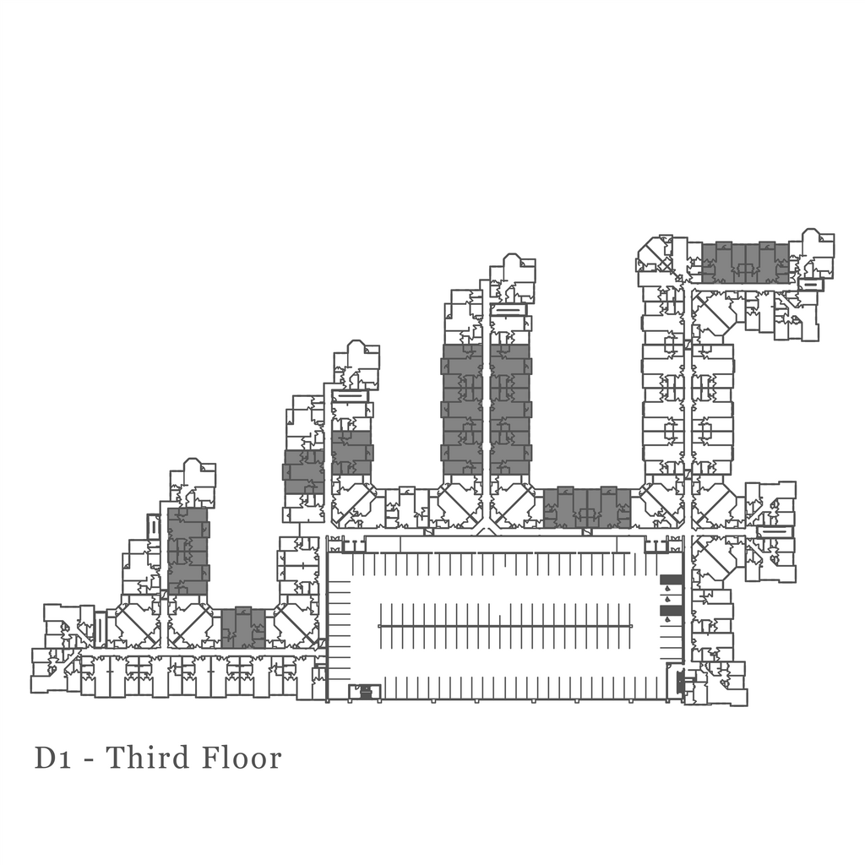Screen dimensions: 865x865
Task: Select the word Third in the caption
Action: tap(149, 758)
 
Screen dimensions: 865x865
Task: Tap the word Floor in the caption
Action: tap(242, 758)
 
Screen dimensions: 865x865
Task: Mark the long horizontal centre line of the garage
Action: tap(504, 626)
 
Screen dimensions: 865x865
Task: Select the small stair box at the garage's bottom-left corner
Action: tap(365, 693)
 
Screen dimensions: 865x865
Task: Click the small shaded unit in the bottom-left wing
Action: tap(243, 628)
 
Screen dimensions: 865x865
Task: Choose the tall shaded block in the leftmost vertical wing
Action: tap(188, 551)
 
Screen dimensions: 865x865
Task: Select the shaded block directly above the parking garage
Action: tap(587, 508)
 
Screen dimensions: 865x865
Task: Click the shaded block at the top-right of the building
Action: tap(745, 263)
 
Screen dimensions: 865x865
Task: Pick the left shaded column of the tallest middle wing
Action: tap(462, 409)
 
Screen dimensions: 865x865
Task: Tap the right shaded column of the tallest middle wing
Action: tap(510, 409)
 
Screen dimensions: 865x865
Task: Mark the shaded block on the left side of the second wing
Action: tap(303, 471)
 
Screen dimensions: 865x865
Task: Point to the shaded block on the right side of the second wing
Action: tap(351, 453)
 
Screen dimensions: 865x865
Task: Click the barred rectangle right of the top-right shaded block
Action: tap(810, 285)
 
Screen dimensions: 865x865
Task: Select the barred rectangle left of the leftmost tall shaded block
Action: tap(153, 526)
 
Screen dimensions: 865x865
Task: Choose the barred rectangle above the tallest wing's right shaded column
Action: tap(509, 310)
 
